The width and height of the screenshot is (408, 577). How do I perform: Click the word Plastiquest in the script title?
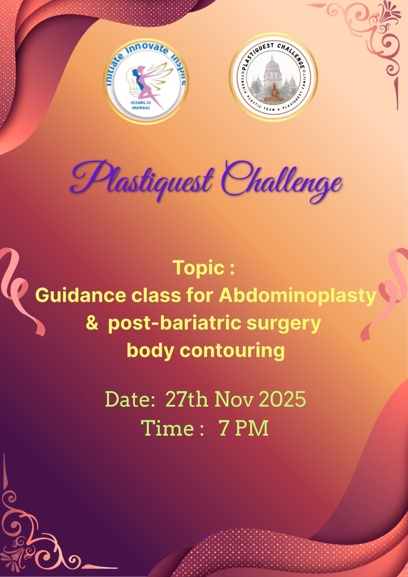point(142,179)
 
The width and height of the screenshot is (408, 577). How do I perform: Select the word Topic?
point(199,268)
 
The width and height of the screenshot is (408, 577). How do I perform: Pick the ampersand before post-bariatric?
point(92,323)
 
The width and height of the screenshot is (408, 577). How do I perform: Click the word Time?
point(167,428)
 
